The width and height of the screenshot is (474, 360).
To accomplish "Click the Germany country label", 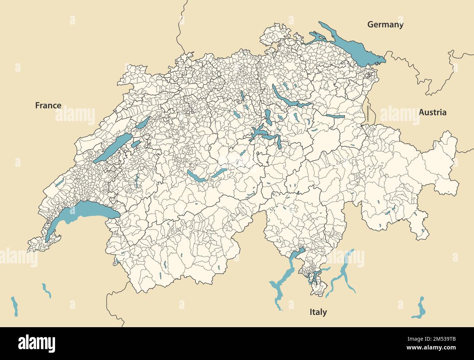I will [385, 25].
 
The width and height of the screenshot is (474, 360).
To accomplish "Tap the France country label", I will [48, 105].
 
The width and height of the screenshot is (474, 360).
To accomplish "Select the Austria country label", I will [432, 112].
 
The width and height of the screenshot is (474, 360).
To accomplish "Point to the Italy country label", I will [318, 312].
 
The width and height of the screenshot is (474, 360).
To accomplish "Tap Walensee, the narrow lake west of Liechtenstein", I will [335, 116].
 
